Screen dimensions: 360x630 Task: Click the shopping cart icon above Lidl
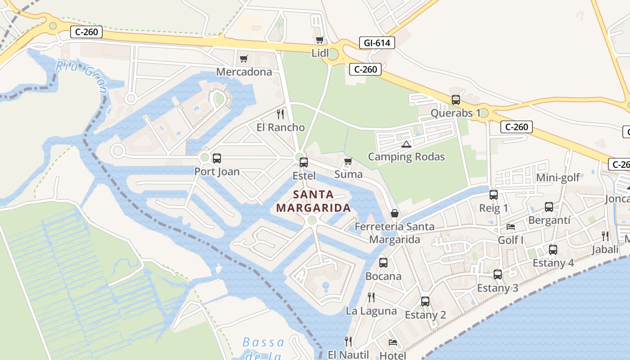(320, 40)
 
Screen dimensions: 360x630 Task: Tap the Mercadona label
(244, 72)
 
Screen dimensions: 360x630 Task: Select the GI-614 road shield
(377, 43)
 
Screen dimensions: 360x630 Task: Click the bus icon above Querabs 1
(455, 100)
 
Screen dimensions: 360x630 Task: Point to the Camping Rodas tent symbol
(406, 144)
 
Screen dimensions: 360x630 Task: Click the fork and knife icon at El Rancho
(280, 114)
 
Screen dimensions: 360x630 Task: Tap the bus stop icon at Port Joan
(217, 158)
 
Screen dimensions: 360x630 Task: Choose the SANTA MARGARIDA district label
(313, 201)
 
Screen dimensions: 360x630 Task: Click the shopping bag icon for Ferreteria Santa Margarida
(395, 213)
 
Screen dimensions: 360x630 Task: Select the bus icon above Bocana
(383, 263)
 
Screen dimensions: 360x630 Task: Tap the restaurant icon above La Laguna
(371, 297)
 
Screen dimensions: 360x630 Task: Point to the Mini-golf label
(558, 178)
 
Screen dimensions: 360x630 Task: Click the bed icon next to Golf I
(510, 226)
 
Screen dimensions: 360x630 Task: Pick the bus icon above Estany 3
(497, 274)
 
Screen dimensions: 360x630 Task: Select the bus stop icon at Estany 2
(425, 301)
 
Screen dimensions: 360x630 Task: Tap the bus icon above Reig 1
(494, 195)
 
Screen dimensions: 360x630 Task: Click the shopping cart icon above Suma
(348, 161)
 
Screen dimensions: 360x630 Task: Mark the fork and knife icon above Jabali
(605, 236)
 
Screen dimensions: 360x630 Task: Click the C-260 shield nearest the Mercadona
(86, 32)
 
